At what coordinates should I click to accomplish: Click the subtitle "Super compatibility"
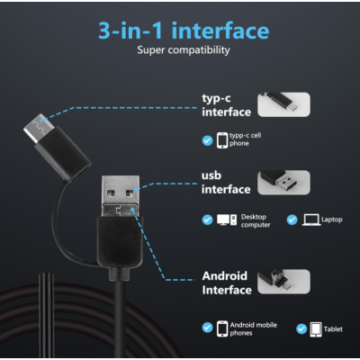[x=184, y=51]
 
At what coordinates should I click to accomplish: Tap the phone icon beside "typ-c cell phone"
[x=221, y=139]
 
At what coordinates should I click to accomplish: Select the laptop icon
[x=311, y=219]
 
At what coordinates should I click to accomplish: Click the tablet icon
[x=315, y=328]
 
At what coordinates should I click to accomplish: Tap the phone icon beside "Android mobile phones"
[x=221, y=328]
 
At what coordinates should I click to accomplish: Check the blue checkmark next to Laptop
[x=292, y=219]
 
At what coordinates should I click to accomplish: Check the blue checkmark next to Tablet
[x=301, y=328]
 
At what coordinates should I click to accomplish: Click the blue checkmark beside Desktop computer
[x=208, y=219]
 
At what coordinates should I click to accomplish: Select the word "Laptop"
[x=333, y=219]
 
